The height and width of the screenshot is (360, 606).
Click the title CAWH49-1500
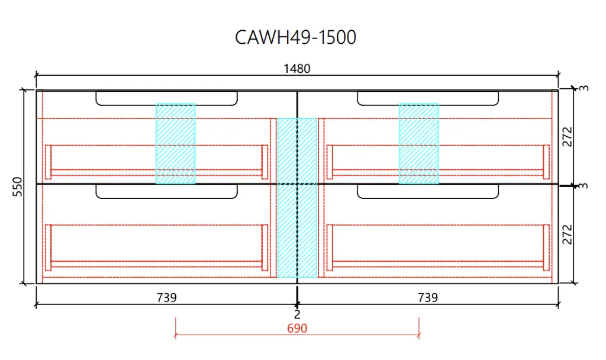pyautogui.click(x=295, y=37)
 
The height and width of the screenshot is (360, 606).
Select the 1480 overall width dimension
pyautogui.click(x=296, y=69)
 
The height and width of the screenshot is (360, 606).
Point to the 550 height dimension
pyautogui.click(x=17, y=187)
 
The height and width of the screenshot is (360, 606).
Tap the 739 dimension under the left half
pyautogui.click(x=167, y=297)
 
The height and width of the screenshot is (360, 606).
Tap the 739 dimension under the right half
pyautogui.click(x=427, y=297)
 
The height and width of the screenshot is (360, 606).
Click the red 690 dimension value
pyautogui.click(x=297, y=327)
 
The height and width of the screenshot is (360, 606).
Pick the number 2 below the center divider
pyautogui.click(x=297, y=314)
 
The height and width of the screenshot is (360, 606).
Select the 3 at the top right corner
pyautogui.click(x=584, y=88)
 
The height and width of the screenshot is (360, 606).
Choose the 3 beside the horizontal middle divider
pyautogui.click(x=584, y=186)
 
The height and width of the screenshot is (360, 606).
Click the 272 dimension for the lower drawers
pyautogui.click(x=568, y=234)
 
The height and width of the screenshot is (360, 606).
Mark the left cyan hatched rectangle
pyautogui.click(x=176, y=143)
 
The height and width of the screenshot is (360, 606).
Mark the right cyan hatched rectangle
pyautogui.click(x=418, y=143)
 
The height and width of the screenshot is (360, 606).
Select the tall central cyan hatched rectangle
pyautogui.click(x=297, y=198)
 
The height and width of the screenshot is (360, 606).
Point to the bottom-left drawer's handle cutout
pyautogui.click(x=167, y=191)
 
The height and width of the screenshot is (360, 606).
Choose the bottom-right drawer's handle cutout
pyautogui.click(x=427, y=191)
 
